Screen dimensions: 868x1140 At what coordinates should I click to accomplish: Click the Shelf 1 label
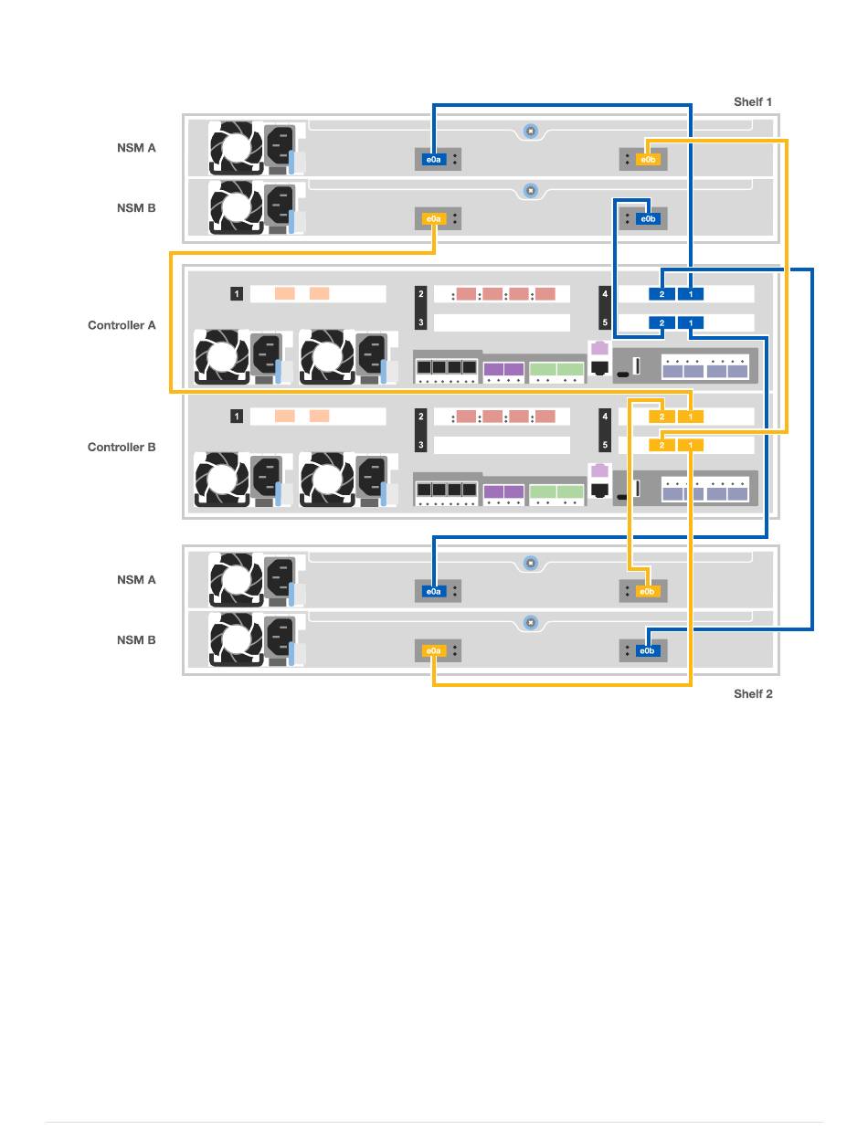click(x=752, y=101)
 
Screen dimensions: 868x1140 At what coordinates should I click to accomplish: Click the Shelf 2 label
click(x=752, y=693)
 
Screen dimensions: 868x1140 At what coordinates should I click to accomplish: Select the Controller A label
click(x=122, y=325)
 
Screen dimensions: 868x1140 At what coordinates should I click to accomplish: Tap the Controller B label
click(x=122, y=448)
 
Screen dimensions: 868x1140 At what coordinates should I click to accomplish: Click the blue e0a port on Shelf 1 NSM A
click(x=433, y=160)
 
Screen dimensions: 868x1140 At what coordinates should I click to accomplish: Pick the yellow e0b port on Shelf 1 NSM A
click(x=647, y=160)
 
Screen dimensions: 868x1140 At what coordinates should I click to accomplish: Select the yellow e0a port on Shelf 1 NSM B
click(x=433, y=218)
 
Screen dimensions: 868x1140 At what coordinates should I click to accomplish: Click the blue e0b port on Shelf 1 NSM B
click(x=647, y=218)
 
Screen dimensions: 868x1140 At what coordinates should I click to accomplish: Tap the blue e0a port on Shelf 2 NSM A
click(x=433, y=591)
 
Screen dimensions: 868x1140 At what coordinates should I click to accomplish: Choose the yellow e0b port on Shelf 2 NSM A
click(x=647, y=591)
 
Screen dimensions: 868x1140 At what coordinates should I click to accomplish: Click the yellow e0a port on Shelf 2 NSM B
click(x=433, y=650)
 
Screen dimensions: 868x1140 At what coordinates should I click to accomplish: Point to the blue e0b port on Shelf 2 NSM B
click(x=647, y=650)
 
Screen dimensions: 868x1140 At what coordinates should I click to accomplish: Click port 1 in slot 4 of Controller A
click(x=691, y=294)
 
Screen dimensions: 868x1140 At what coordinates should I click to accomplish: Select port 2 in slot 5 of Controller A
click(x=662, y=322)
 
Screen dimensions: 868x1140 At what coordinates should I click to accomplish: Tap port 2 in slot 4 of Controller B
click(x=662, y=417)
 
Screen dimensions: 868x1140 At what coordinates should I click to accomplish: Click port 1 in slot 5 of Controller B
click(x=691, y=445)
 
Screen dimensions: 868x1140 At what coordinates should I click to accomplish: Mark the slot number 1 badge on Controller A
click(x=237, y=294)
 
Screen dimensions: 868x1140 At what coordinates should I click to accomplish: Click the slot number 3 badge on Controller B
click(x=421, y=445)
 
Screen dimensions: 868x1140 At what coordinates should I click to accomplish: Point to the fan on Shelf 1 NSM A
click(x=236, y=147)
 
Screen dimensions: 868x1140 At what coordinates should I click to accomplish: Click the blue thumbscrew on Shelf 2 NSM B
click(x=530, y=622)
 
